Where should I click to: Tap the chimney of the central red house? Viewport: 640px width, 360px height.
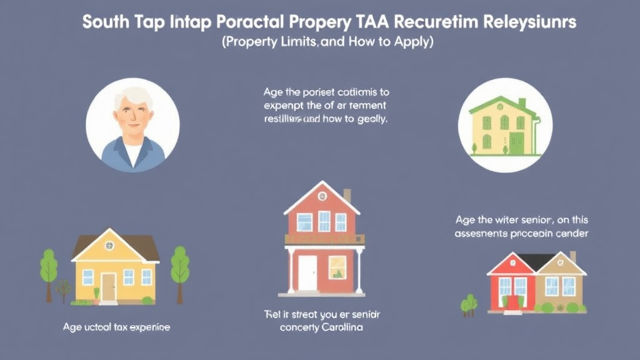coord(347,195)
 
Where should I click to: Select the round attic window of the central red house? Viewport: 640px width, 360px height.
coord(321,196)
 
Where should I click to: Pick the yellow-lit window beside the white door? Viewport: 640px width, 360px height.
coord(337,267)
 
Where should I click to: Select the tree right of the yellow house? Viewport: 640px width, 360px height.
coord(180,266)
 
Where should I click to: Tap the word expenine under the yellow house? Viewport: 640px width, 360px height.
coord(147,327)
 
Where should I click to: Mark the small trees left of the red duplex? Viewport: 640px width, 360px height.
coord(469,304)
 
